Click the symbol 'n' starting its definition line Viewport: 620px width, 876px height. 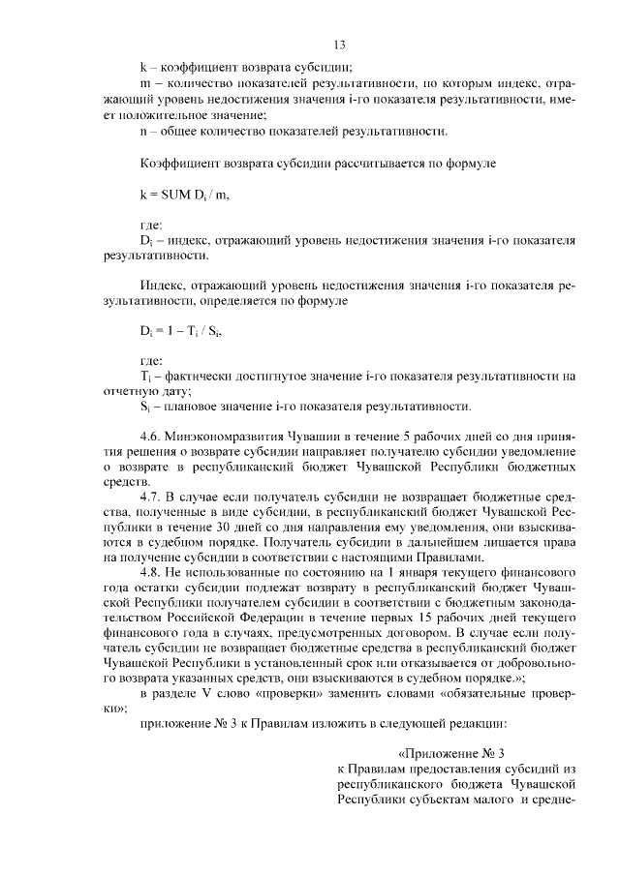click(x=144, y=130)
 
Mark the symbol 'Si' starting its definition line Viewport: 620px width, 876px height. click(x=145, y=406)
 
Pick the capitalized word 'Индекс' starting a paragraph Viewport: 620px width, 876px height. click(x=160, y=287)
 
